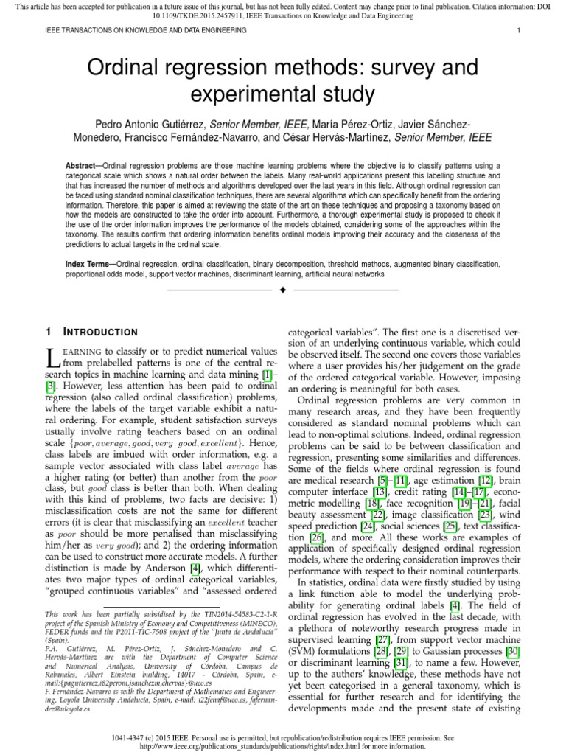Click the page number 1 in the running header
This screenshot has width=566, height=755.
click(520, 30)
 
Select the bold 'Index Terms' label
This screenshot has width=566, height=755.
click(90, 263)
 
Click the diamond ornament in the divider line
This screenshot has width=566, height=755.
click(282, 291)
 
